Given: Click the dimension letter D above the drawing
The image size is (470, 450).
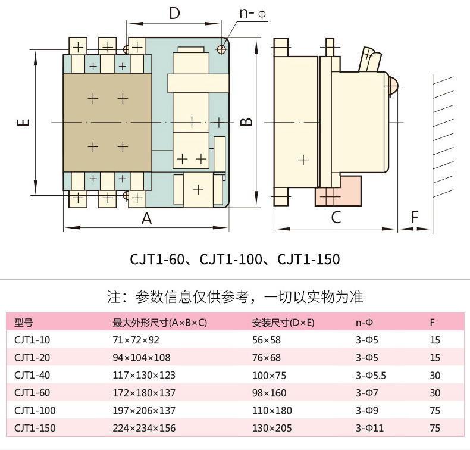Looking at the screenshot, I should (174, 13).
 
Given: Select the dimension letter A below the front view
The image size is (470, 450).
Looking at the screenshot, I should (146, 218).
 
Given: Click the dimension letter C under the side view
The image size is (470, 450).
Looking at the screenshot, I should (336, 218).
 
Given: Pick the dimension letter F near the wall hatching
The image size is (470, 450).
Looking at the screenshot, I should (415, 218).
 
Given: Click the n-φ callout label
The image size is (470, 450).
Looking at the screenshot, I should (252, 13).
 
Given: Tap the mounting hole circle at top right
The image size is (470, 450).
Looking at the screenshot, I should (222, 48).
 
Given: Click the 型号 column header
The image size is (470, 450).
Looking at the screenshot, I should (23, 323).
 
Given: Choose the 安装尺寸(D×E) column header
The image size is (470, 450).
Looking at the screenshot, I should (283, 323).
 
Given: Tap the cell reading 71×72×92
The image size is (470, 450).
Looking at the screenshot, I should (136, 340).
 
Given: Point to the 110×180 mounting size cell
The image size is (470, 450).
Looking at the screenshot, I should (271, 411).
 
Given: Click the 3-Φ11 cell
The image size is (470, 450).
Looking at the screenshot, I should (369, 428).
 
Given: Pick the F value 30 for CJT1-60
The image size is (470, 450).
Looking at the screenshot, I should (434, 393).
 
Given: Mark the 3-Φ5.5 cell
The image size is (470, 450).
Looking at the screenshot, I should (371, 376).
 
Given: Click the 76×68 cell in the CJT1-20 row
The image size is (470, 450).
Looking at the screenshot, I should (266, 358).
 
